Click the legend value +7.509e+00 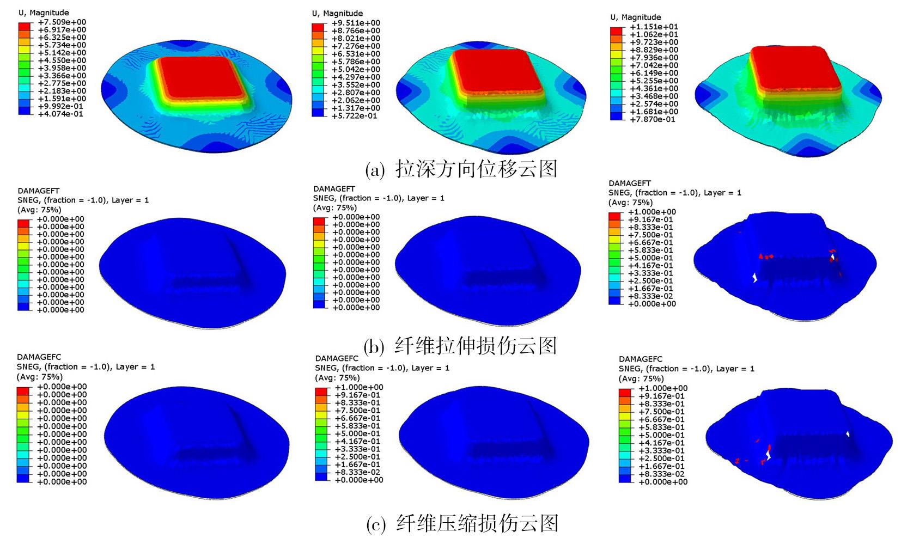[62, 22]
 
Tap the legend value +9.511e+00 [356, 23]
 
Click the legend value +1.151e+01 [654, 27]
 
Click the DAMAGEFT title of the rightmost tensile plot [630, 184]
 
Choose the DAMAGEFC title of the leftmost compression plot [39, 357]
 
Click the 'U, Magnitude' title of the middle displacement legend [337, 13]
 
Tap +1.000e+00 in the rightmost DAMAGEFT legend [652, 212]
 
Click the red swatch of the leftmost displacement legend [25, 26]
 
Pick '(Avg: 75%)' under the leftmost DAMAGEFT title [39, 210]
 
